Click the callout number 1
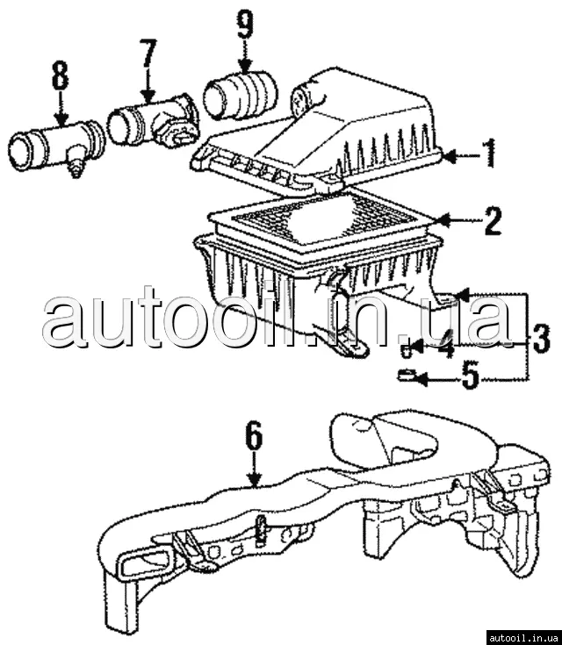pos(489,153)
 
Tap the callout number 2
pos(494,221)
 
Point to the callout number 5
pos(471,375)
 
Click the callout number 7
pos(148,53)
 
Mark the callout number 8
pos(61,75)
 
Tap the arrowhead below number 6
pos(256,480)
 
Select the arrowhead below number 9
pos(246,67)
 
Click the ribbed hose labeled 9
pos(240,95)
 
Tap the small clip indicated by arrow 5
pos(407,375)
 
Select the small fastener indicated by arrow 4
pos(406,351)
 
